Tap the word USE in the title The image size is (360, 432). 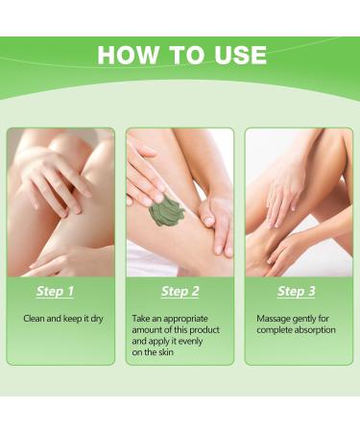pyautogui.click(x=241, y=55)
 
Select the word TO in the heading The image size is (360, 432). pyautogui.click(x=186, y=55)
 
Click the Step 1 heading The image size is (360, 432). pyautogui.click(x=55, y=291)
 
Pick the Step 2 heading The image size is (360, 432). pyautogui.click(x=180, y=291)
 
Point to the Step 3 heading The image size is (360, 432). pyautogui.click(x=297, y=291)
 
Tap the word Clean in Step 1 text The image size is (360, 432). pyautogui.click(x=35, y=319)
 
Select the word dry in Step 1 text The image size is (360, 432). pyautogui.click(x=97, y=320)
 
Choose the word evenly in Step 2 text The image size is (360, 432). pyautogui.click(x=190, y=342)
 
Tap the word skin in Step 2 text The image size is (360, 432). pyautogui.click(x=166, y=352)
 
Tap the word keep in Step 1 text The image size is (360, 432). pyautogui.click(x=72, y=320)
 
